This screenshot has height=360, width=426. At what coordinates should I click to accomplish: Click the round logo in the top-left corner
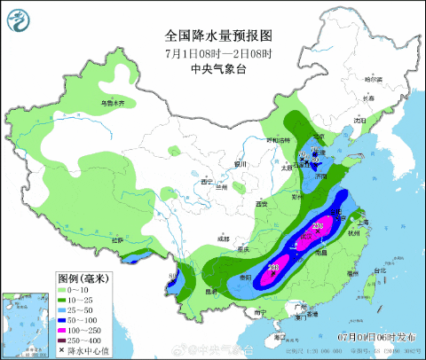tap(19, 18)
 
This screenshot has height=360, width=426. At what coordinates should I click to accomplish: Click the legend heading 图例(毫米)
tap(82, 278)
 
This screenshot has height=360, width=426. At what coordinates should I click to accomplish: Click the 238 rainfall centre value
tap(274, 268)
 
